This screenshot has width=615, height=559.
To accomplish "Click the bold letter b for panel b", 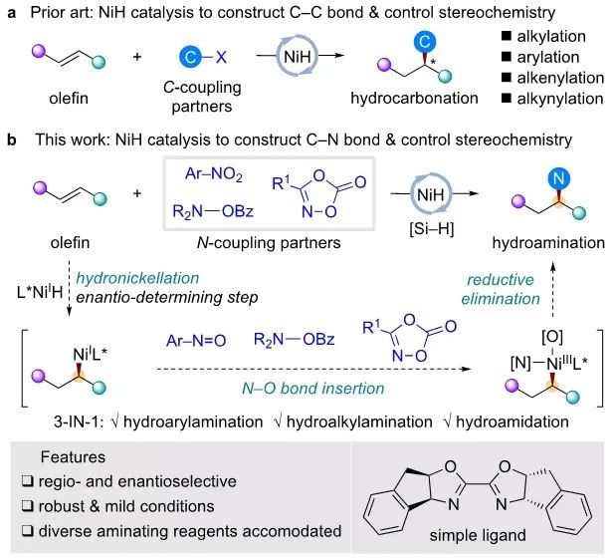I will tap(11, 143).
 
